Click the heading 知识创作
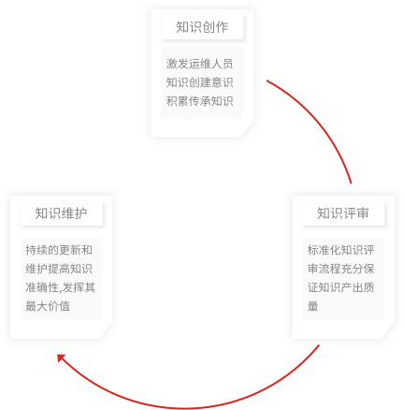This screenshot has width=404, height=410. pyautogui.click(x=202, y=27)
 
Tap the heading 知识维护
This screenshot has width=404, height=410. pyautogui.click(x=61, y=213)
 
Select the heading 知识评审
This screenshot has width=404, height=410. pyautogui.click(x=343, y=213)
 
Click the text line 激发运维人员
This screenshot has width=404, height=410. pyautogui.click(x=199, y=64)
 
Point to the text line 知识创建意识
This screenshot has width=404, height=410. pyautogui.click(x=199, y=82)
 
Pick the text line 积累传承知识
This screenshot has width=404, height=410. pyautogui.click(x=199, y=101)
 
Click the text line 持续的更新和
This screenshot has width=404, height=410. pyautogui.click(x=59, y=250)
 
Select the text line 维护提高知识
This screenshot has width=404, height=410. pyautogui.click(x=59, y=269)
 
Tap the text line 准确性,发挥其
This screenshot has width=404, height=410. pyautogui.click(x=60, y=287)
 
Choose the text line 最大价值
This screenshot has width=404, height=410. pyautogui.click(x=48, y=306)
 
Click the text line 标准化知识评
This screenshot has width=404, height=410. pyautogui.click(x=340, y=250)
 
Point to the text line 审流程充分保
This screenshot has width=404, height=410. pyautogui.click(x=340, y=269)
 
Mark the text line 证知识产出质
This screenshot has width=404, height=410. pyautogui.click(x=340, y=287)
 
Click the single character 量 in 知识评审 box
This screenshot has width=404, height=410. pyautogui.click(x=312, y=306)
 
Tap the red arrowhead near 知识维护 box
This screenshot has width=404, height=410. pyautogui.click(x=61, y=358)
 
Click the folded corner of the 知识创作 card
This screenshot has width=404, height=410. pyautogui.click(x=246, y=129)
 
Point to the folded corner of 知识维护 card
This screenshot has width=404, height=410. pyautogui.click(x=106, y=331)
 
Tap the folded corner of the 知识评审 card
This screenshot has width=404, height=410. pyautogui.click(x=387, y=331)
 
